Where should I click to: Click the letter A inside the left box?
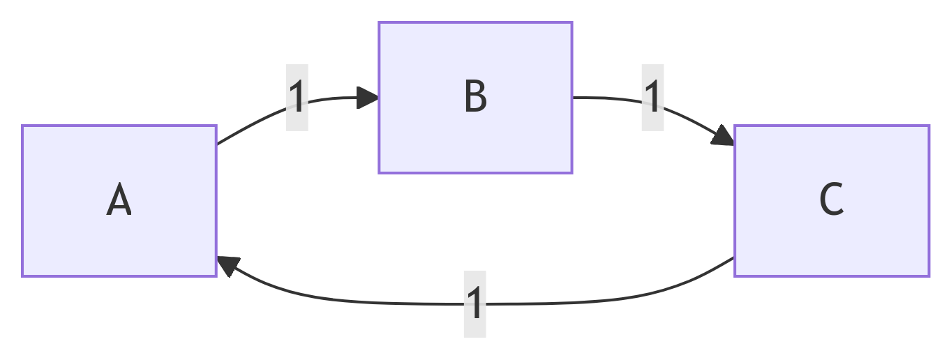point(119,200)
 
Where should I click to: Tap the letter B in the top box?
point(475,96)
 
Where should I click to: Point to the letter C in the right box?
point(831,200)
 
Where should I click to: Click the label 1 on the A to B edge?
point(297,97)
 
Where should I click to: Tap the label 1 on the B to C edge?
point(652,97)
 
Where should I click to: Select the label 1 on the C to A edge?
point(474,303)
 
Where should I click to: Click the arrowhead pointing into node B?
point(367,98)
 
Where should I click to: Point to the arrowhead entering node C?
point(724,136)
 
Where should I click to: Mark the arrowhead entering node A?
point(227,266)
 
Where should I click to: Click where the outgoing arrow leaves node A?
point(217,144)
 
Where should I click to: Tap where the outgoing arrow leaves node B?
point(573,98)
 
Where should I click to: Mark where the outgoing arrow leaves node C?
point(734,257)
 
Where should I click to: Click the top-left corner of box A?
point(22,126)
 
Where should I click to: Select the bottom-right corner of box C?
point(929,276)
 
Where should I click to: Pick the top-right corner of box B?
point(572,22)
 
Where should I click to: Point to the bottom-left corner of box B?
point(379,173)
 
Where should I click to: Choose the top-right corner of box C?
point(929,126)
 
